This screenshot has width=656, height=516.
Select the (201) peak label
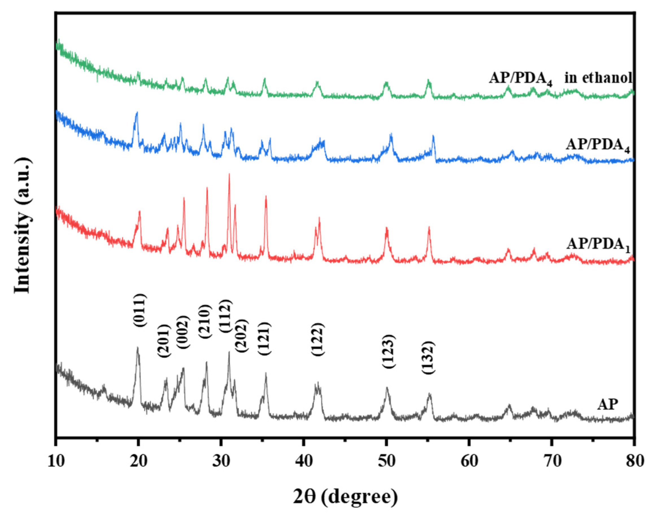click(164, 341)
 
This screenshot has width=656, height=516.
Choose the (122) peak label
click(318, 340)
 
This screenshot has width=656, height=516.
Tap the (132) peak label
click(428, 357)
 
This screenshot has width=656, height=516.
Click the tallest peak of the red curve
click(229, 174)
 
